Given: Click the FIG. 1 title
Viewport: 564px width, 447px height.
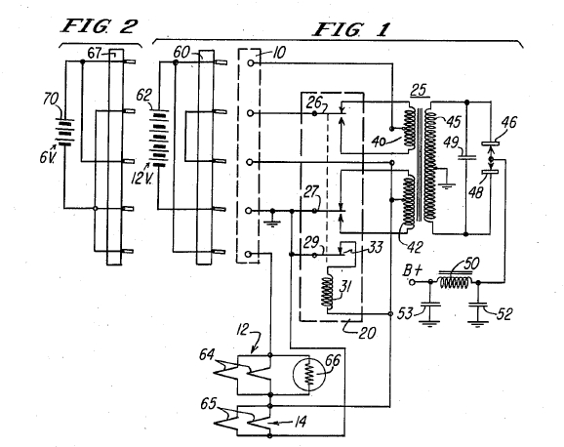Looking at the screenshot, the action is [351, 29].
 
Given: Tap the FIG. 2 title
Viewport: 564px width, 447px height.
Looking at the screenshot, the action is [100, 26].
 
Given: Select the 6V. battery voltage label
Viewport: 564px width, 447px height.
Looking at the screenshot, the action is [49, 156].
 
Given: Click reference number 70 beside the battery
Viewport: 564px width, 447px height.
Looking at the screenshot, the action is [52, 99].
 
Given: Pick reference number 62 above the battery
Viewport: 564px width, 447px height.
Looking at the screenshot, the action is [144, 96].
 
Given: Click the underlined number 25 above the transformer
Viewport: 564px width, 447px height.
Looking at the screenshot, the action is [420, 89].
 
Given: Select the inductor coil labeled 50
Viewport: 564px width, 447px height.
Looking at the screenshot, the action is [455, 281].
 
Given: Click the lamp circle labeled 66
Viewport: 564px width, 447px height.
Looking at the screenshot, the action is [309, 375].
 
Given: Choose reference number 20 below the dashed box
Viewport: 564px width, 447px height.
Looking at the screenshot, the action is [367, 333].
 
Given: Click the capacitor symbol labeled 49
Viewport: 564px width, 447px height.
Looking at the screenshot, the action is [466, 156].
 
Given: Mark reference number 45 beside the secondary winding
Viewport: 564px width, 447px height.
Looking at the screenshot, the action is [453, 122].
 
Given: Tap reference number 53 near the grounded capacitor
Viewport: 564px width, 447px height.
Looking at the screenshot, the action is [405, 313].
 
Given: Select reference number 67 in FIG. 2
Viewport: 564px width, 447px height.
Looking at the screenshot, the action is [95, 54].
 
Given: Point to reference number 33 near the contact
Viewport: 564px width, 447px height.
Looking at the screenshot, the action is [375, 247].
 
